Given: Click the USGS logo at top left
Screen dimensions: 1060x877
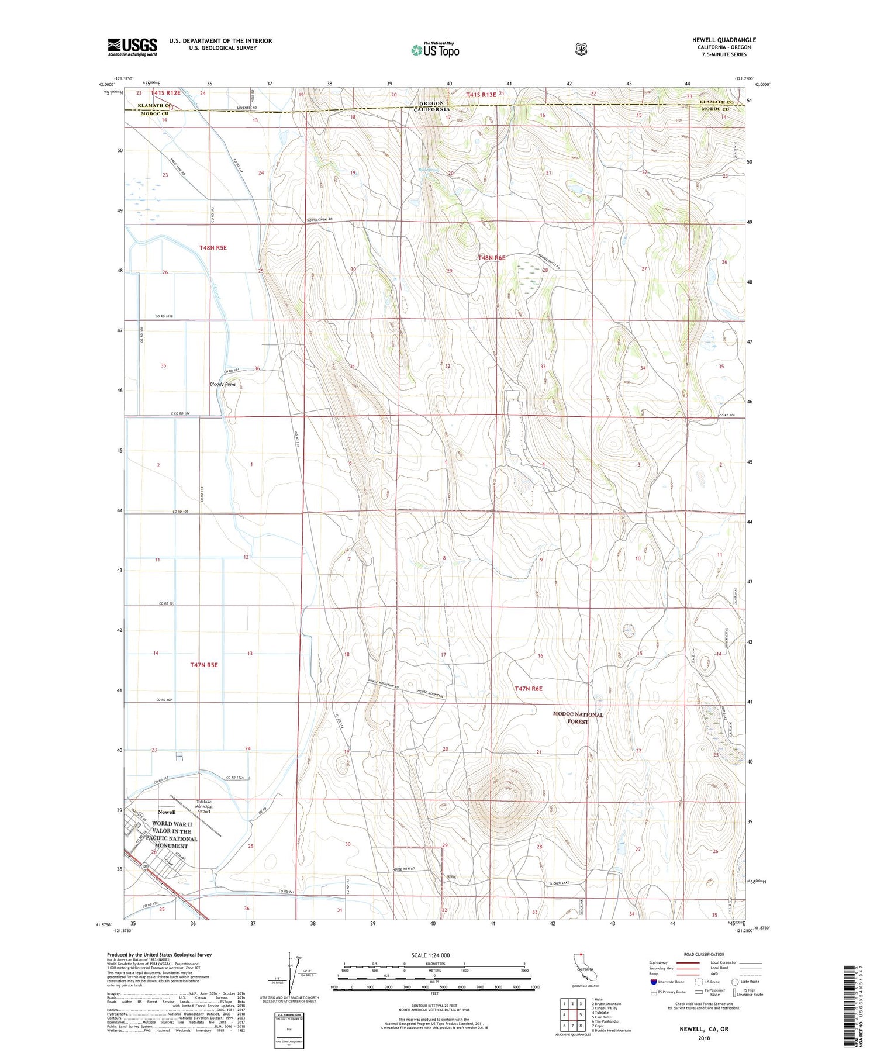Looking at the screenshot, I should point(132,47).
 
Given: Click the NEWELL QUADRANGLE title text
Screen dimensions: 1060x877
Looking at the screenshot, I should point(723,40).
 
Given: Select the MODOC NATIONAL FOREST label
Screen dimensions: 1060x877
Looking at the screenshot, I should point(578,718).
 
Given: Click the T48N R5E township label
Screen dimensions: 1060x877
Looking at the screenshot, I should point(212,248).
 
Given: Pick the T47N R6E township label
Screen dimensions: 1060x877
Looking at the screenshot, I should point(529,689).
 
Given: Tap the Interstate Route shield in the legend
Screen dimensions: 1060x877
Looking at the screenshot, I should point(653,982).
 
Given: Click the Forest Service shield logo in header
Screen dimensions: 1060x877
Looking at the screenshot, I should point(581,50).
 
